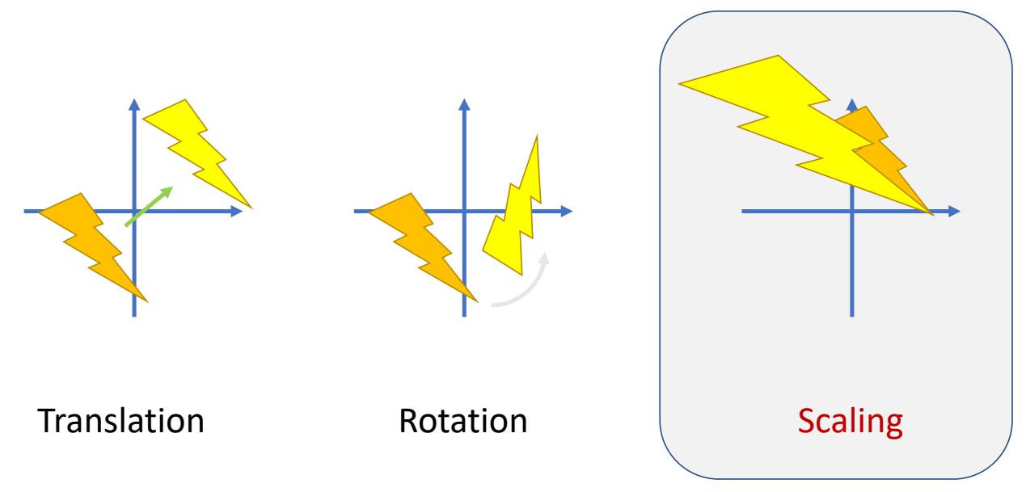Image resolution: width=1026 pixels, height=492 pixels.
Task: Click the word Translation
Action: tap(121, 421)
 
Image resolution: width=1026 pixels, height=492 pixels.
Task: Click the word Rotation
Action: tap(462, 421)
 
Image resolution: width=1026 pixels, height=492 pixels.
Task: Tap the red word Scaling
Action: tap(850, 421)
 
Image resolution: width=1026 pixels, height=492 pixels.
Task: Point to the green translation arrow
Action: tap(150, 206)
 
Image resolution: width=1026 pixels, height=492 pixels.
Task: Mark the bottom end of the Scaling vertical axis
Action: tap(852, 313)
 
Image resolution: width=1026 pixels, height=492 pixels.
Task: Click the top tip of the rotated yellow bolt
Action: tap(536, 137)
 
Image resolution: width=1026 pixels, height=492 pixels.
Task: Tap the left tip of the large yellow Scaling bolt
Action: tap(681, 83)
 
